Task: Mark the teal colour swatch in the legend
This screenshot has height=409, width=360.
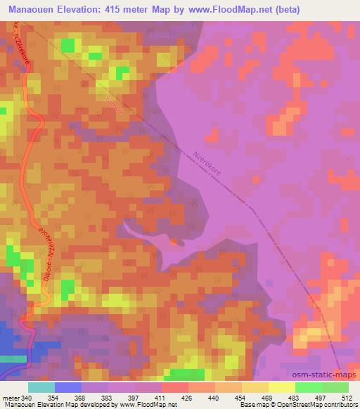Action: tap(41, 387)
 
